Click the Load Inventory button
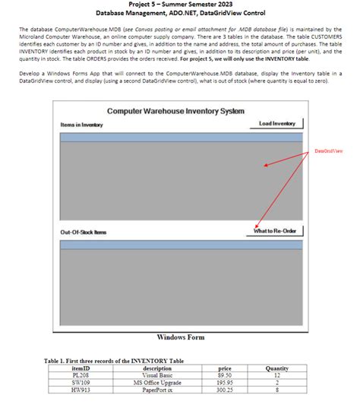tap(276, 123)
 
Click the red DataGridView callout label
tap(328, 151)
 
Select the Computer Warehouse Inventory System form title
tap(175, 112)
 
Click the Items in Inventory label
tap(81, 125)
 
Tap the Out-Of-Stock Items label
tap(84, 232)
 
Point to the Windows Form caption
tap(180, 336)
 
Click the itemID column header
tap(81, 368)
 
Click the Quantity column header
tap(277, 368)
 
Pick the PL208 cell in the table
tap(81, 375)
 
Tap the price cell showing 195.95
tap(224, 382)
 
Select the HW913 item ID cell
tap(81, 389)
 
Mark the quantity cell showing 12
tap(277, 375)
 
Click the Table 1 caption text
tap(114, 360)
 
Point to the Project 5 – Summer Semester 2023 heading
tap(180, 5)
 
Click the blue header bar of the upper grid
tap(181, 137)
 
